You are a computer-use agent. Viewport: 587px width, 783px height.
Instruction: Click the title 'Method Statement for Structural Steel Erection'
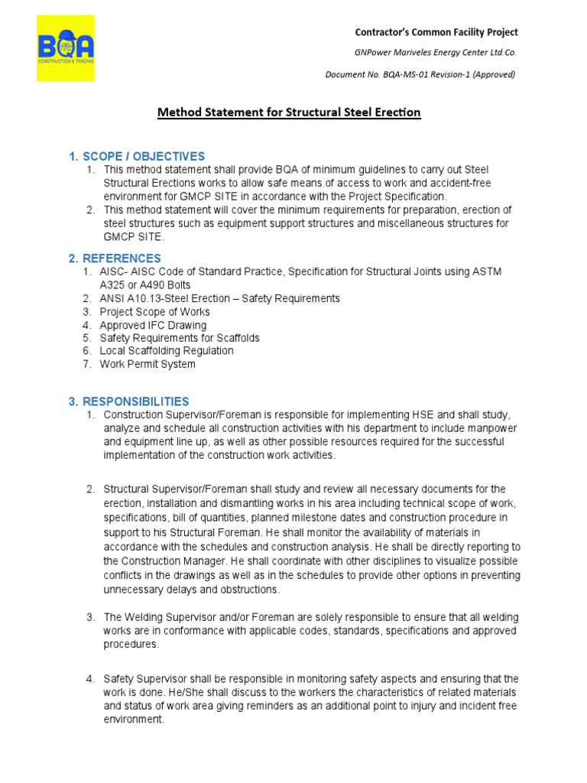click(x=289, y=112)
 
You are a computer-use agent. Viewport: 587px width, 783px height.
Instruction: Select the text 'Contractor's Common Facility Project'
click(x=436, y=32)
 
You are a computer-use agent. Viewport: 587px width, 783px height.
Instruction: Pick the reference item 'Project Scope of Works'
click(x=154, y=312)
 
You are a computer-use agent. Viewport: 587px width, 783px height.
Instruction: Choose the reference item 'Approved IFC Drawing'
click(x=153, y=325)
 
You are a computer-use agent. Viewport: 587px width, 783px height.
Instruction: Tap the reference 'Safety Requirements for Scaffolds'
click(x=180, y=338)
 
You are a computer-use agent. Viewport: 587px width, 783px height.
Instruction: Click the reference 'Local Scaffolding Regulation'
click(x=167, y=351)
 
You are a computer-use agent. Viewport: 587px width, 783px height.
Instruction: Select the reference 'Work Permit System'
click(x=148, y=364)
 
